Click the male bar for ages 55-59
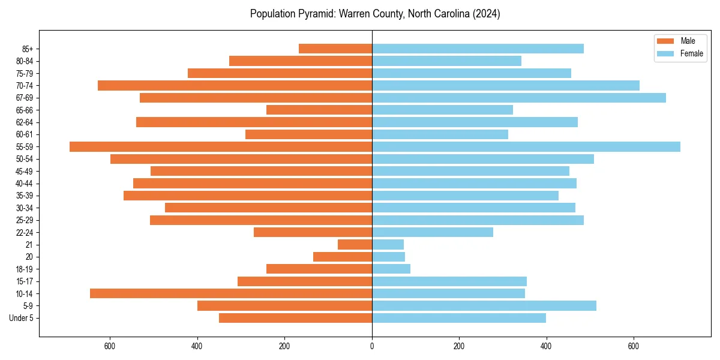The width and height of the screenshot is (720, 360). point(221,146)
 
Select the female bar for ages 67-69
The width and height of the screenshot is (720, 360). point(519,98)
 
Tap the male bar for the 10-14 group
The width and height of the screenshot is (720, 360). point(231,293)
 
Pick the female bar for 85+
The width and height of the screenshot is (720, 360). point(478,49)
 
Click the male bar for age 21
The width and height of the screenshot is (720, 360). point(355,244)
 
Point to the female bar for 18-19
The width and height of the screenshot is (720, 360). point(391,269)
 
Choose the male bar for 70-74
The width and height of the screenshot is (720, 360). point(235,85)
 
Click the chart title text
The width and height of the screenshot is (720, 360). point(375,14)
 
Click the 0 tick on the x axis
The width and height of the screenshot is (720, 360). point(372,346)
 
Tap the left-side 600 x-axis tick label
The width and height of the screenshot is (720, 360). point(110,346)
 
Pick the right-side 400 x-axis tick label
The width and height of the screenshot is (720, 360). point(546,346)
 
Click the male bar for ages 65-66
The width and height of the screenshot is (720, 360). point(319,110)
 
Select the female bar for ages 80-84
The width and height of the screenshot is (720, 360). point(446,61)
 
